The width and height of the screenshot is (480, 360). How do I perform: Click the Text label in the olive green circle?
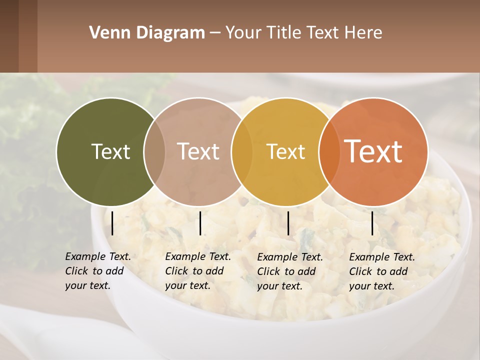pyautogui.click(x=110, y=152)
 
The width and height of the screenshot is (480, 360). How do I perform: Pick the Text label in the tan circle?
pyautogui.click(x=198, y=151)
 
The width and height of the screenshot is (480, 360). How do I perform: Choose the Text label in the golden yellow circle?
pyautogui.click(x=285, y=152)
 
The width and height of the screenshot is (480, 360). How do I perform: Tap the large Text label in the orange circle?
pyautogui.click(x=373, y=151)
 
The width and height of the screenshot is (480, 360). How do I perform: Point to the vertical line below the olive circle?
pyautogui.click(x=112, y=223)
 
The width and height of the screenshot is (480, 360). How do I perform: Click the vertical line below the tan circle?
pyautogui.click(x=200, y=223)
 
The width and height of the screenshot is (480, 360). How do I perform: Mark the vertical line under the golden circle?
pyautogui.click(x=288, y=223)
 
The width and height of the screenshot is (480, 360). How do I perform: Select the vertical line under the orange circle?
pyautogui.click(x=372, y=223)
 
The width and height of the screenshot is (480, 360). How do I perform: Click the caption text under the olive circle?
pyautogui.click(x=97, y=271)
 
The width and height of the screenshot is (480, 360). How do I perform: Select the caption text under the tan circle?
pyautogui.click(x=197, y=271)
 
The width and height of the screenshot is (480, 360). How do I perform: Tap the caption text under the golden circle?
pyautogui.click(x=289, y=271)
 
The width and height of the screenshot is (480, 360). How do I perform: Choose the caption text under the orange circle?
pyautogui.click(x=381, y=271)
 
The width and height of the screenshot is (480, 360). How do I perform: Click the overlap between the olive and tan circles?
pyautogui.click(x=154, y=151)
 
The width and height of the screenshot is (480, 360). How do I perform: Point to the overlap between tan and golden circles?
pyautogui.click(x=242, y=151)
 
